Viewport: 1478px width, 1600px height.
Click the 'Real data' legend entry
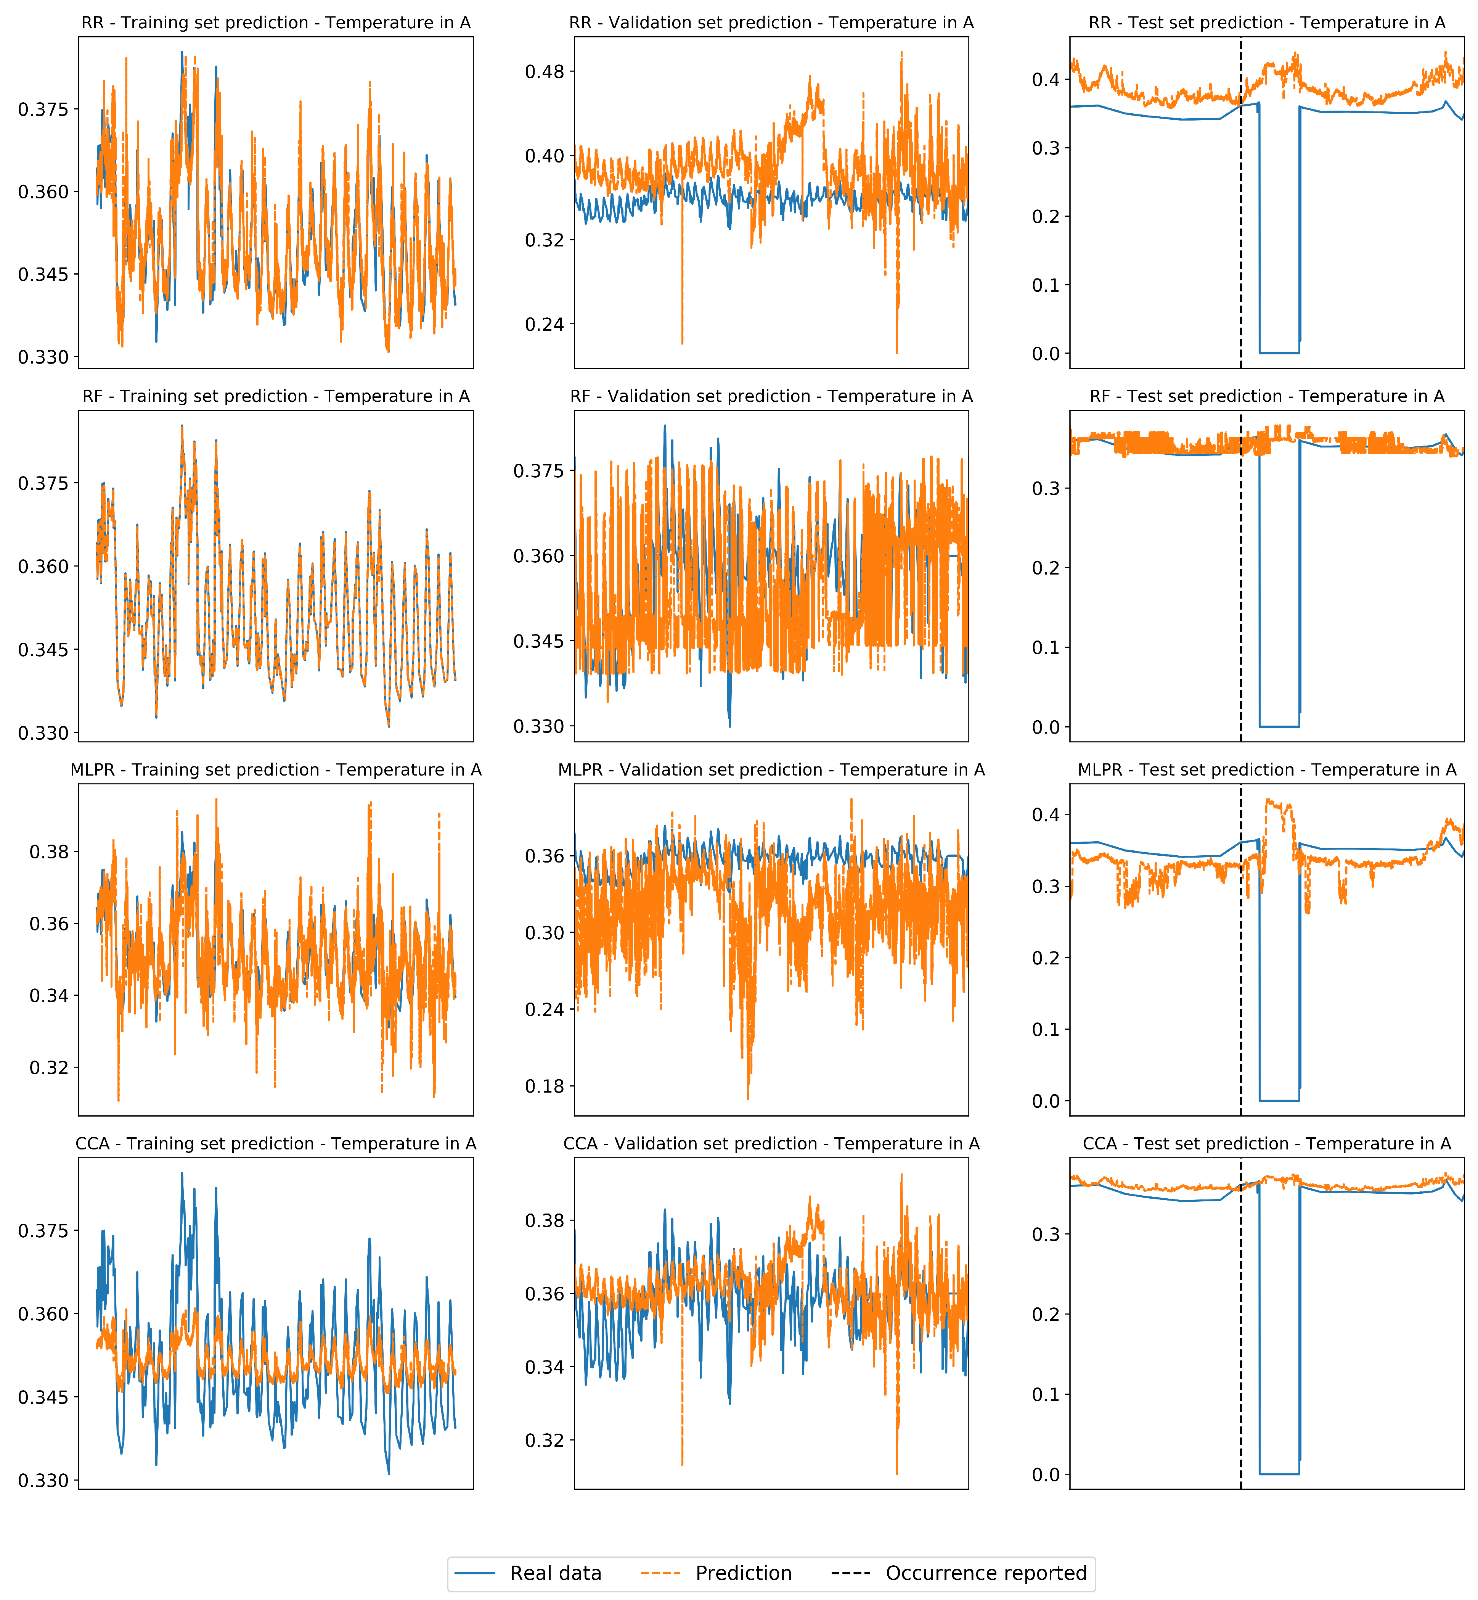555,1573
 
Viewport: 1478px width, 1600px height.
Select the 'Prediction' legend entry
743,1573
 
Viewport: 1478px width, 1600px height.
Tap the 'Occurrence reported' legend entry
985,1573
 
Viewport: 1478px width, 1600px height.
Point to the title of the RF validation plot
771,396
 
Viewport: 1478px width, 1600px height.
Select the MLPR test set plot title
1267,769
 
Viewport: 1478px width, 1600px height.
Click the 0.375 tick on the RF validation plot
539,470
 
